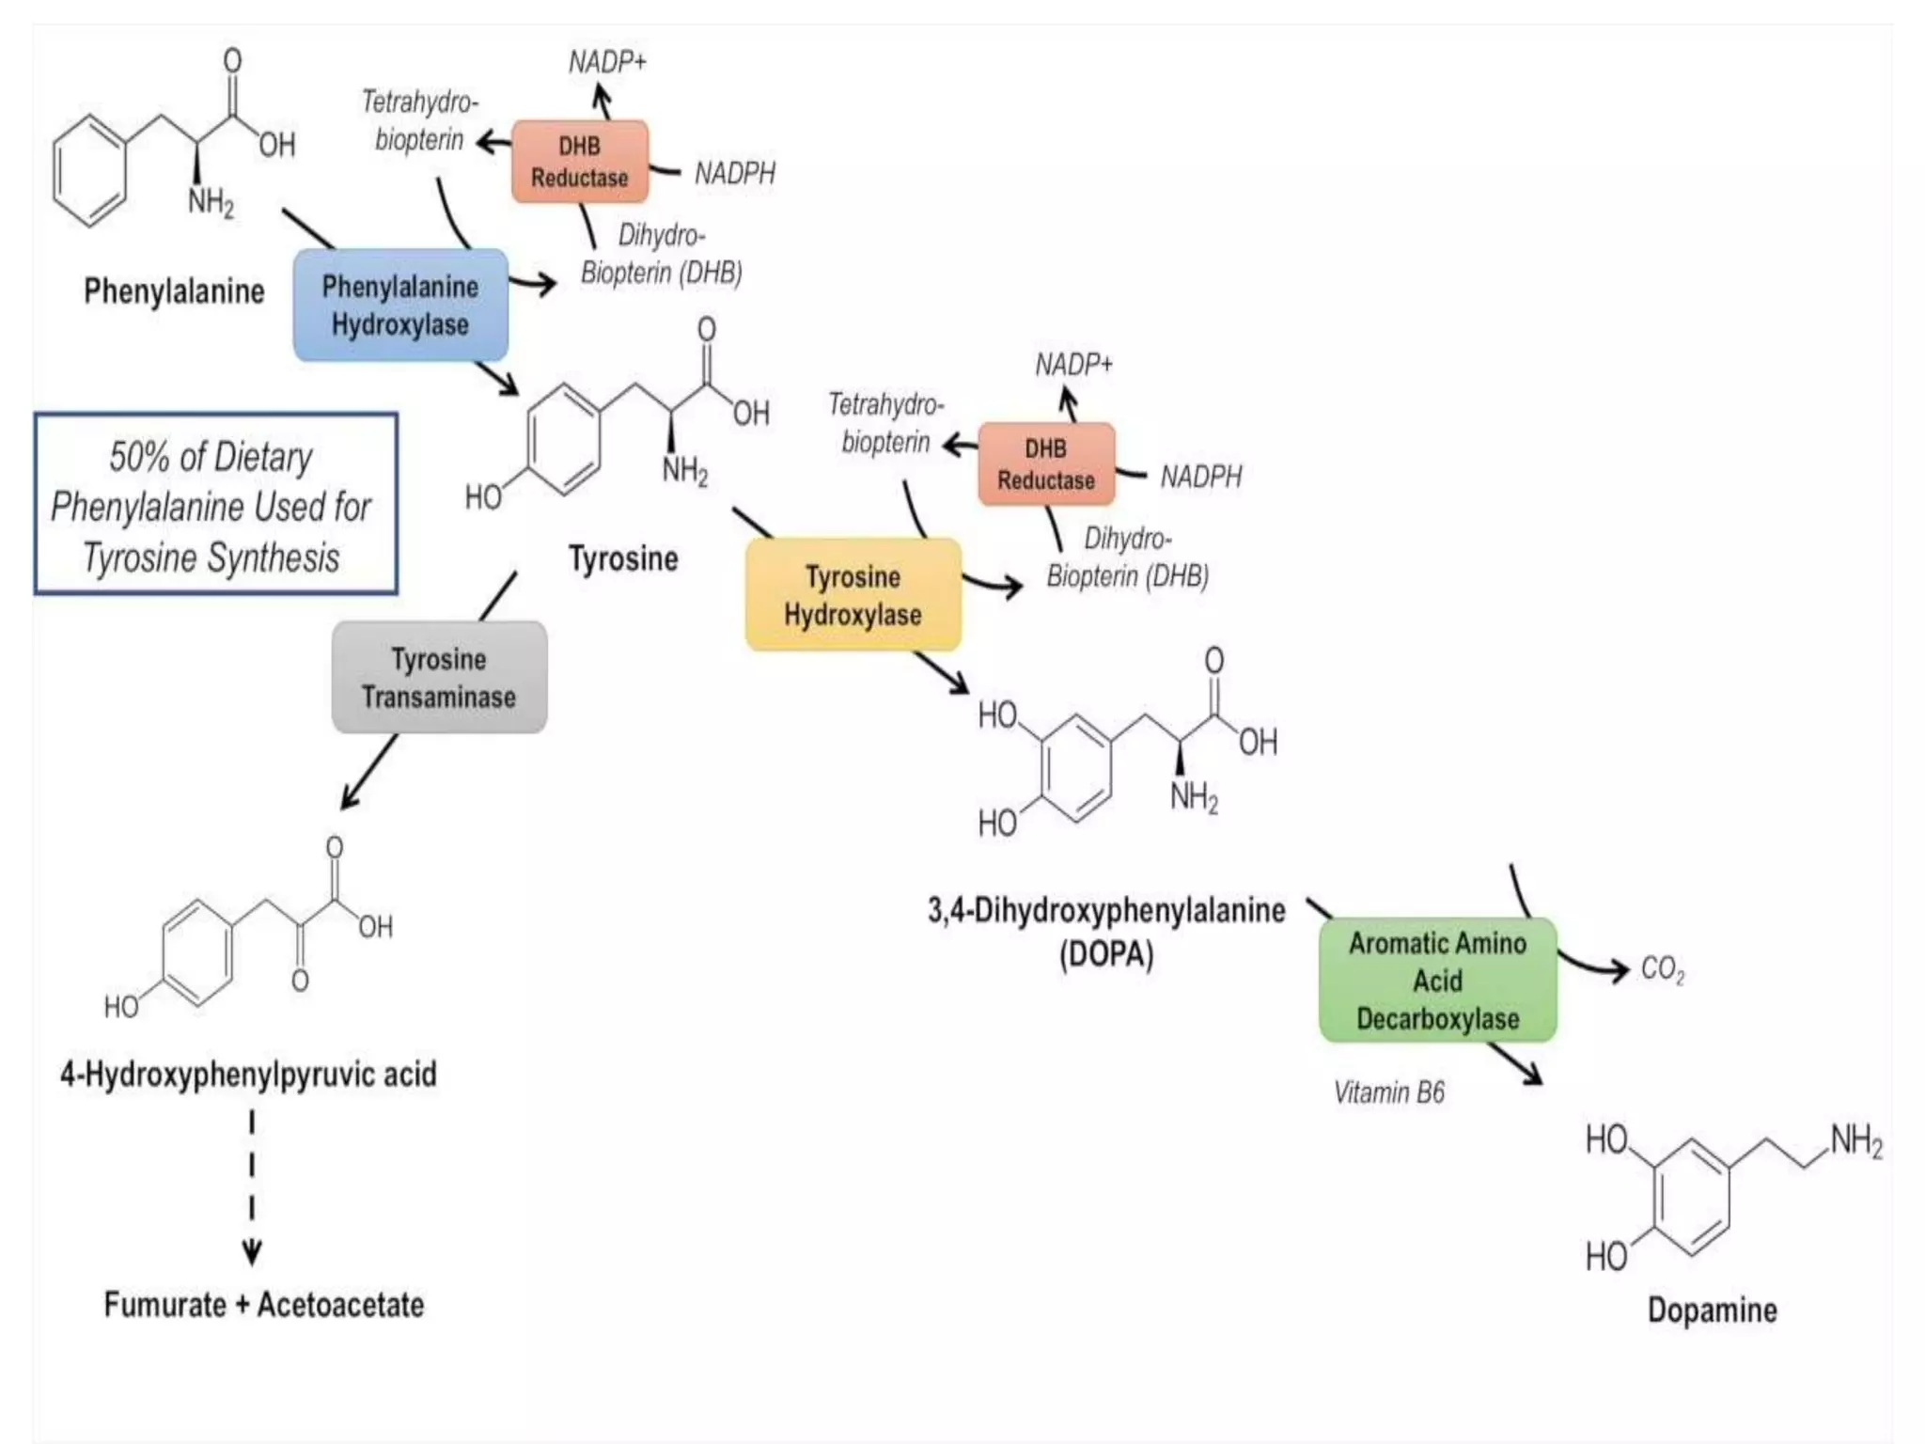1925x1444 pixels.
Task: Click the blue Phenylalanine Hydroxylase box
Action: coord(400,306)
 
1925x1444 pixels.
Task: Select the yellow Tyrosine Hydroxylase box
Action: coord(853,595)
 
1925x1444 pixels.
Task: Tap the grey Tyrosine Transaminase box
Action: coord(439,678)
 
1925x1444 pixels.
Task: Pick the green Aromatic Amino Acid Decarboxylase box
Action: coord(1437,981)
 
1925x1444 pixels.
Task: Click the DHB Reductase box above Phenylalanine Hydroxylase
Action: coord(579,162)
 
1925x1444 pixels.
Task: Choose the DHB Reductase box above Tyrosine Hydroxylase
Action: coord(1045,464)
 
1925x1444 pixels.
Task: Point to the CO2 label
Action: coord(1662,969)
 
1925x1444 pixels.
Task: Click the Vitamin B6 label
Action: coord(1388,1092)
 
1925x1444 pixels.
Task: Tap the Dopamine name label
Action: coord(1712,1310)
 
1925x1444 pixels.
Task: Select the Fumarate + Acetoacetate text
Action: coord(263,1305)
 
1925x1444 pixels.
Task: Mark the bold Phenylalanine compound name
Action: coord(174,291)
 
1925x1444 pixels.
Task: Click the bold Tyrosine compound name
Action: coord(623,558)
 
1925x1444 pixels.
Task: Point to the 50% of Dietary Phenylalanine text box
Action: coord(215,505)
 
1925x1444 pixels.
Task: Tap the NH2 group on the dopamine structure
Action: coord(1855,1141)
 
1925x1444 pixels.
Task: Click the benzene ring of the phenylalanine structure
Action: coord(89,171)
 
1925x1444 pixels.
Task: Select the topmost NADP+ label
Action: coord(607,62)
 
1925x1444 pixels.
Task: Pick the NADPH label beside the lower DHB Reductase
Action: coord(1200,477)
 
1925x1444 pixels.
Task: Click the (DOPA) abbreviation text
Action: coord(1106,955)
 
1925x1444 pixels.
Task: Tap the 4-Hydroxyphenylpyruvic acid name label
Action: coord(248,1075)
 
